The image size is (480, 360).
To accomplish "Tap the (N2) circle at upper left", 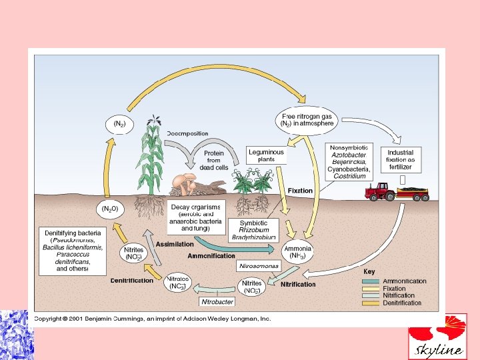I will [118, 124].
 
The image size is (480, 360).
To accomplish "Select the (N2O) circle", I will [109, 209].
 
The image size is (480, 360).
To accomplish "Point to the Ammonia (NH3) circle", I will [297, 252].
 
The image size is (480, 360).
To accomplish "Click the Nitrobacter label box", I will [217, 301].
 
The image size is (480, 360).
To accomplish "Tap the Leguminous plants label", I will [266, 155].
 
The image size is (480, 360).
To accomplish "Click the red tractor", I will [380, 191].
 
